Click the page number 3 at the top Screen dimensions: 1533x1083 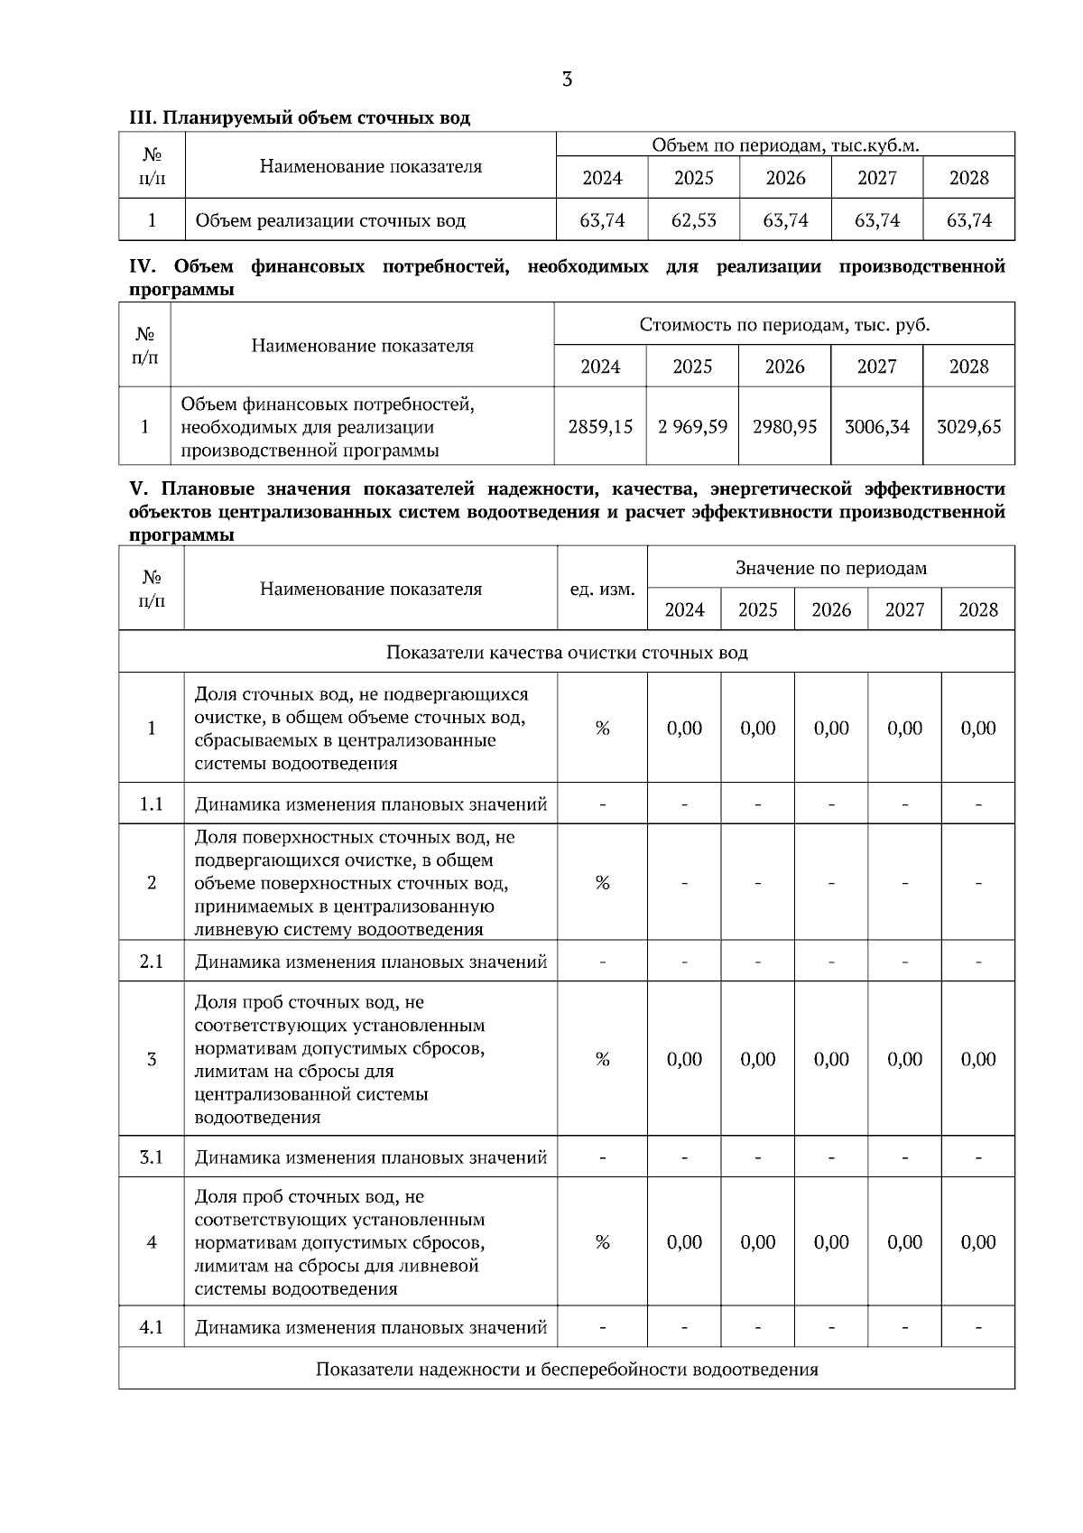point(567,79)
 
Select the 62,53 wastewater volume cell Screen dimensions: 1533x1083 point(693,220)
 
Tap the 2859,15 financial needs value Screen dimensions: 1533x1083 point(600,426)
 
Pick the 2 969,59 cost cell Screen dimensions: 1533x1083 point(692,426)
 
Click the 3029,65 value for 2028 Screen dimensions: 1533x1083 point(968,426)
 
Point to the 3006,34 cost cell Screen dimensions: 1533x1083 point(876,426)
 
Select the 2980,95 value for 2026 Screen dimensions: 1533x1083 point(784,426)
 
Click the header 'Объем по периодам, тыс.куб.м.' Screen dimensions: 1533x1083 point(785,145)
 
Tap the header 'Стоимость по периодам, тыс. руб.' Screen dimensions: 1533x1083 point(784,324)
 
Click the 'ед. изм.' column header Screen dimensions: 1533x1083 point(602,590)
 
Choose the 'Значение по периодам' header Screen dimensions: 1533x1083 point(830,568)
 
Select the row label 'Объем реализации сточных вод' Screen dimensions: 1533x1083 point(330,220)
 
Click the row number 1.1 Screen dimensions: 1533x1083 point(152,804)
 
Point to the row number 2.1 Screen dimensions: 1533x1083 point(152,962)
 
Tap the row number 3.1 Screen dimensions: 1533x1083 point(152,1157)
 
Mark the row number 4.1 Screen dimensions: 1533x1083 point(152,1327)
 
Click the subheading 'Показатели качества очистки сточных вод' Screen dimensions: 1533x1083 point(567,652)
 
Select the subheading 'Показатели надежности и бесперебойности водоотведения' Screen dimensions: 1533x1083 point(567,1369)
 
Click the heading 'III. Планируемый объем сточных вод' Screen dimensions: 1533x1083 point(300,118)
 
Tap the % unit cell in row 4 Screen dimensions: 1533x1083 point(602,1242)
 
